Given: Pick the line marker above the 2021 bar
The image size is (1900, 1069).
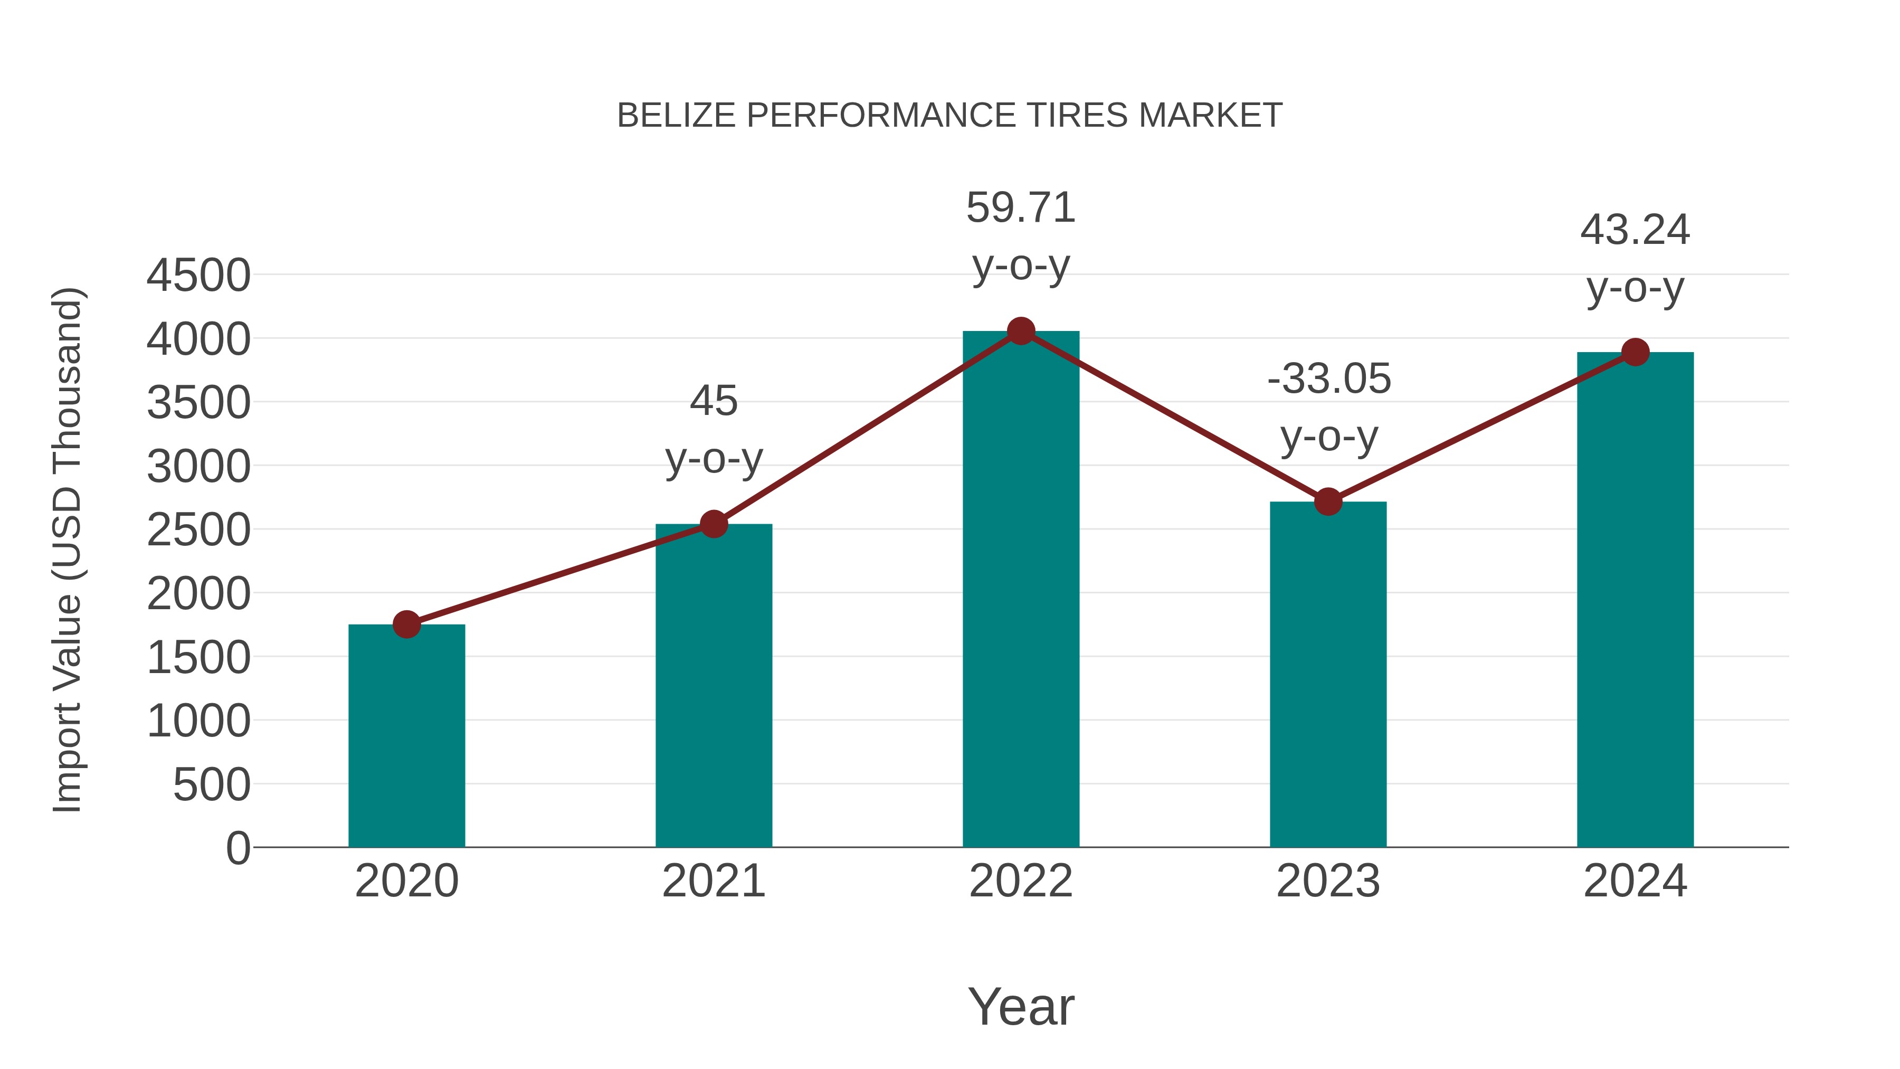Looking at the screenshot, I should coord(713,525).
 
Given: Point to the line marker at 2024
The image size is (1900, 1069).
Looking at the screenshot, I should coord(1635,352).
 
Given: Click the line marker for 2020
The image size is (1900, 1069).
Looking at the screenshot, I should coord(406,624).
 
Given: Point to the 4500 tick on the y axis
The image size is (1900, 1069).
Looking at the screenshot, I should coord(198,276).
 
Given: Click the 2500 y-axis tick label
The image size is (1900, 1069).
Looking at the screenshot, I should coord(198,531).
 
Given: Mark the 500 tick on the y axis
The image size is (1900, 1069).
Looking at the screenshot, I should coord(212,785).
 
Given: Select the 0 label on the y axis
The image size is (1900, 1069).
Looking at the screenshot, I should coord(238,848).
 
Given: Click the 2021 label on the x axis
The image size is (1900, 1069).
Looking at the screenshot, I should coord(713,881).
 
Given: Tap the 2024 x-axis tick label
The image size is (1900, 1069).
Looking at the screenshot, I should coord(1635,881).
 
